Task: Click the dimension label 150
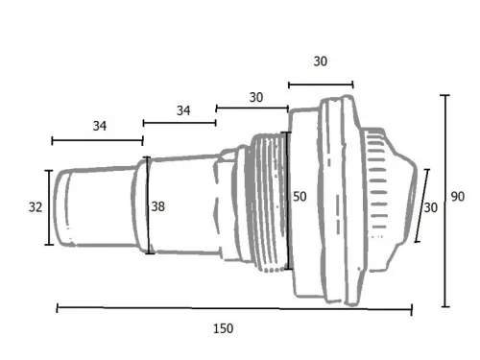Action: [224, 328]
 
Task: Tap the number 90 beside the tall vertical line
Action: [458, 197]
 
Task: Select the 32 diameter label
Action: [36, 207]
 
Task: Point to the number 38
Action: [158, 206]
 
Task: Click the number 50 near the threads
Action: [300, 197]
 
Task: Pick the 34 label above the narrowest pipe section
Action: [100, 126]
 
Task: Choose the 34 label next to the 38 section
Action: [183, 110]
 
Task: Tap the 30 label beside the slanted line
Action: [431, 208]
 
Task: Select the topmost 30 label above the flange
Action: [321, 61]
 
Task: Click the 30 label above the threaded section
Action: [256, 98]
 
